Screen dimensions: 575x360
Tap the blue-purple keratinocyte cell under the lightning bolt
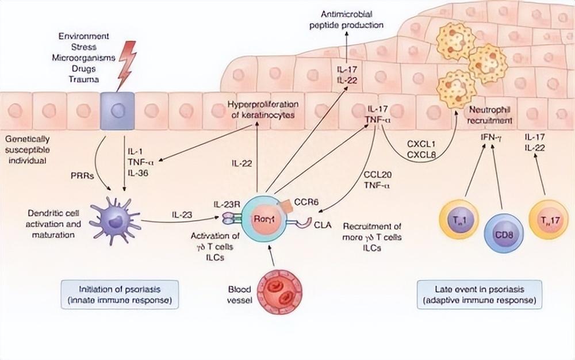(117, 111)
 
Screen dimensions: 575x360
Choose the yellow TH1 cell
(459, 220)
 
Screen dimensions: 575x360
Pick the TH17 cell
(548, 220)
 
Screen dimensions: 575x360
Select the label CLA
(323, 225)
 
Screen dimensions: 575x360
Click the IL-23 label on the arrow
(182, 215)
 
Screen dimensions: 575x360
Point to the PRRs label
(82, 175)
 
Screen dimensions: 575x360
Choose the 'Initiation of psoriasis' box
(120, 294)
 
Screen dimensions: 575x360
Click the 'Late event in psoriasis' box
(480, 294)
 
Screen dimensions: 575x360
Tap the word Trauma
(84, 79)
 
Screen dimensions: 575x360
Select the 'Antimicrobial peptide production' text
(346, 20)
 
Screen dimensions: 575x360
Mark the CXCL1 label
(421, 144)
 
